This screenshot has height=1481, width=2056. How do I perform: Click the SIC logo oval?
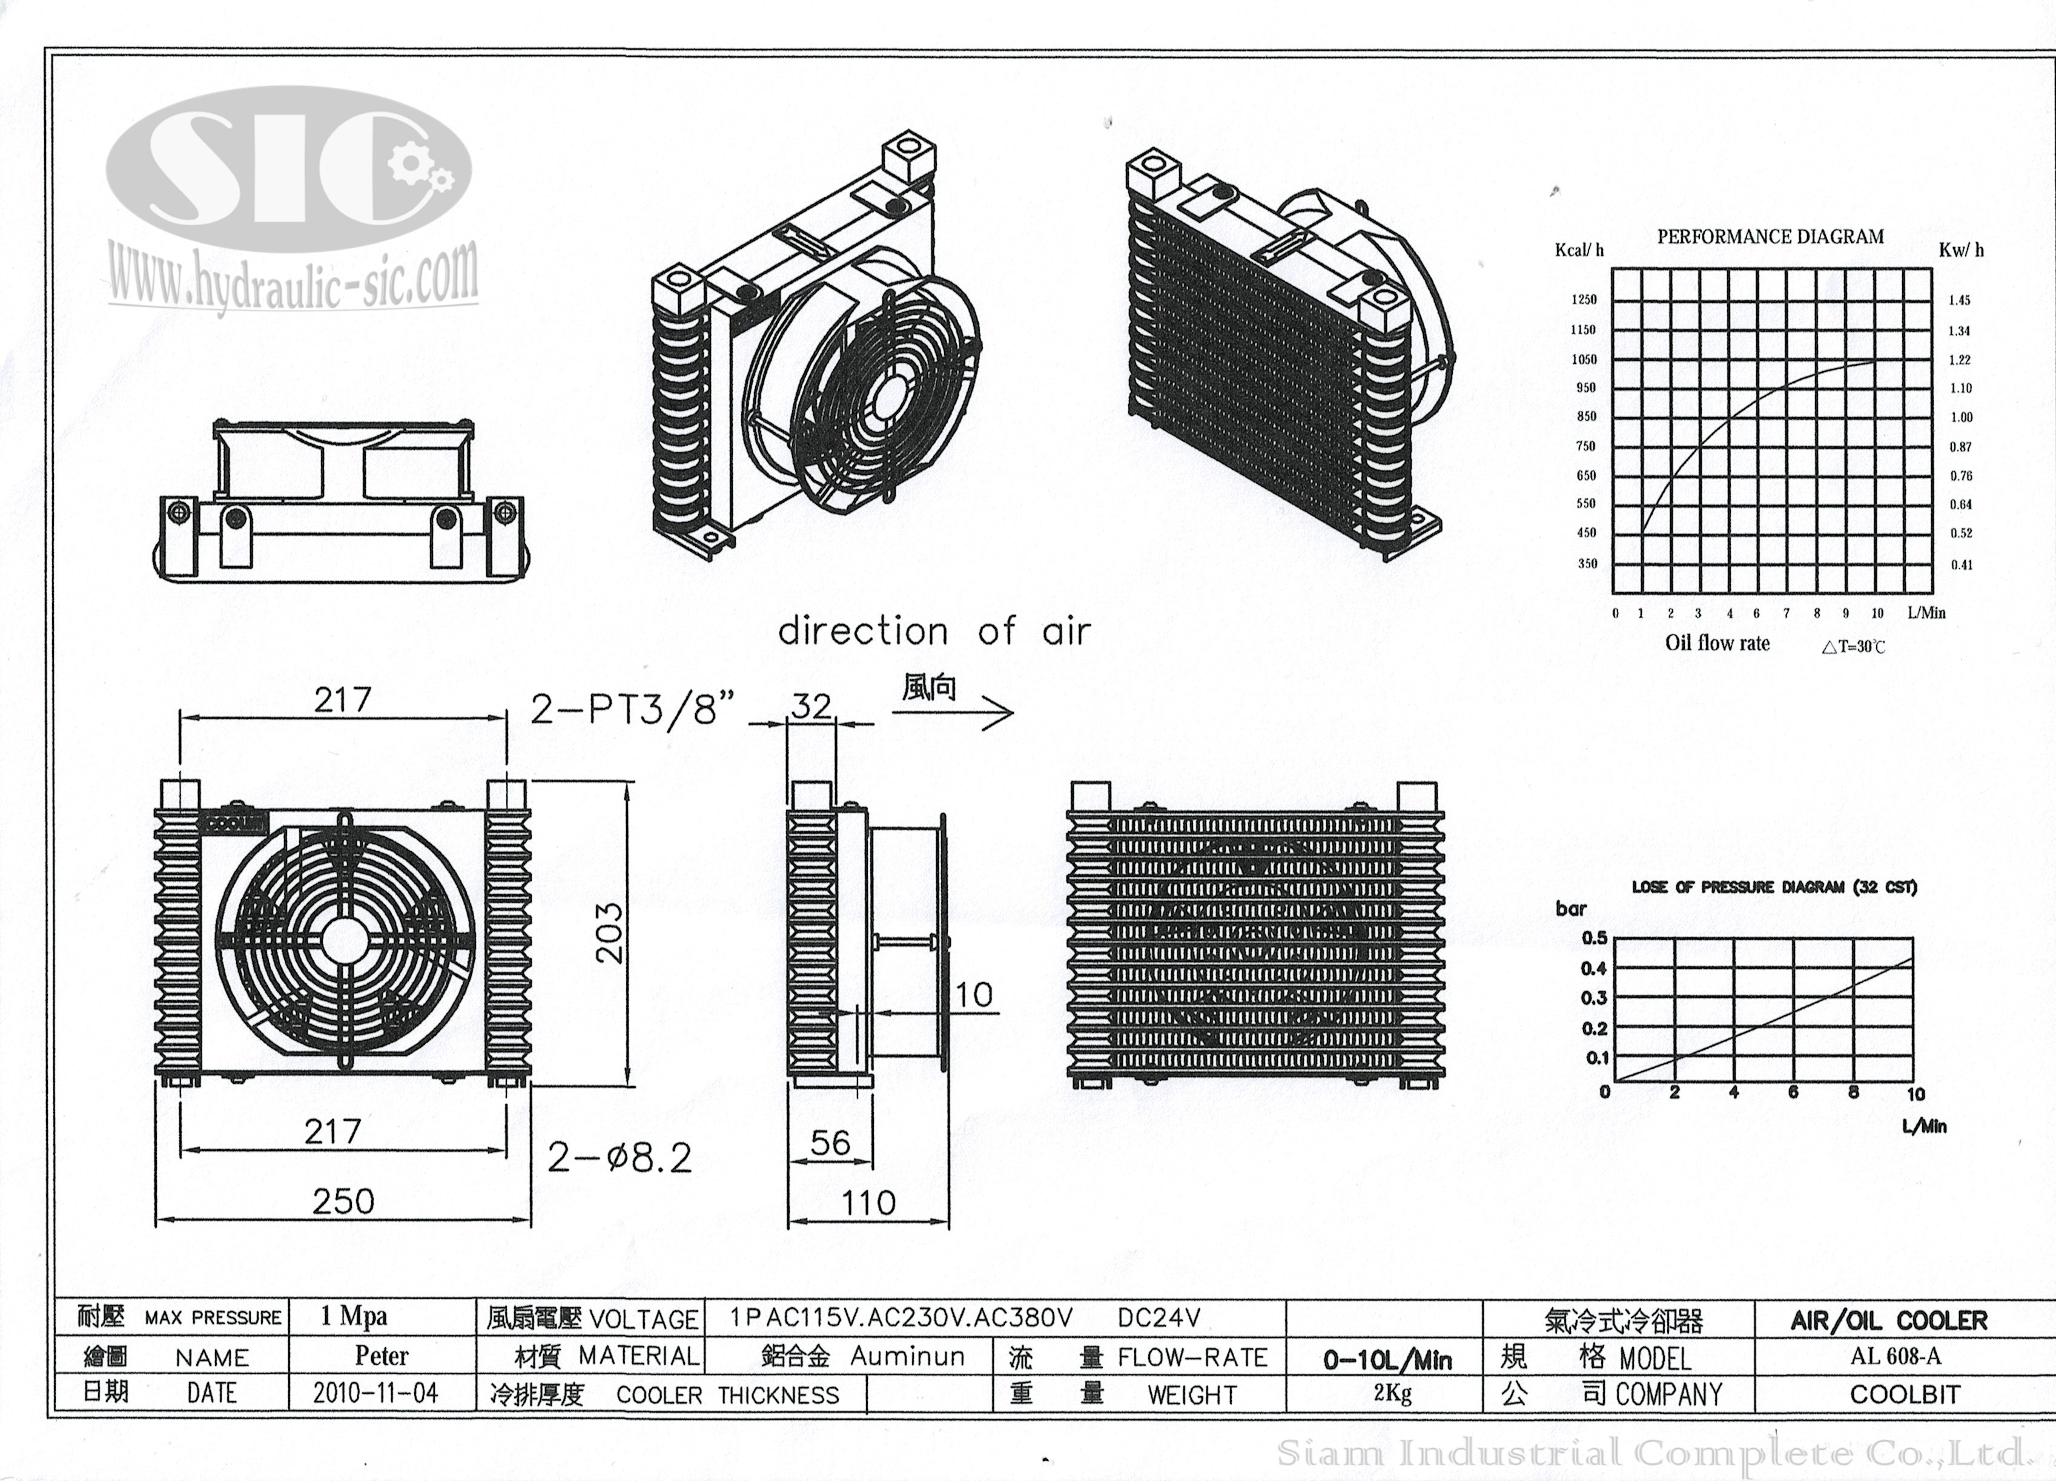(x=288, y=170)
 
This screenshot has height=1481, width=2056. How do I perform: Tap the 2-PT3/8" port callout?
(x=632, y=710)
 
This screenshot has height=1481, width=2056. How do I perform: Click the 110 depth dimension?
(x=868, y=1202)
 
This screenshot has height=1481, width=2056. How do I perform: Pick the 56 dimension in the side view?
(x=830, y=1143)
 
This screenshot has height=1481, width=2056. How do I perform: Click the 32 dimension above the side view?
(x=810, y=706)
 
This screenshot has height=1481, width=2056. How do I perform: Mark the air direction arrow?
(x=952, y=713)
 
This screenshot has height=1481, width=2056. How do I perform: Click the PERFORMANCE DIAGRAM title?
(x=1770, y=237)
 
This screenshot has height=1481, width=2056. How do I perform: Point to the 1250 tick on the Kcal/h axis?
(x=1584, y=300)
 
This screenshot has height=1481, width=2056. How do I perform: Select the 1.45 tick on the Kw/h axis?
(x=1959, y=300)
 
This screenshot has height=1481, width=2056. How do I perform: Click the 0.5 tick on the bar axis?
(x=1594, y=938)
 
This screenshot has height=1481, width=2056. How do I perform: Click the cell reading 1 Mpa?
(x=354, y=1317)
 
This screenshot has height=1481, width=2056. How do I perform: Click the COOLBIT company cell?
(x=1904, y=1394)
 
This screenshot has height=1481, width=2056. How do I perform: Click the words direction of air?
(x=934, y=632)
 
